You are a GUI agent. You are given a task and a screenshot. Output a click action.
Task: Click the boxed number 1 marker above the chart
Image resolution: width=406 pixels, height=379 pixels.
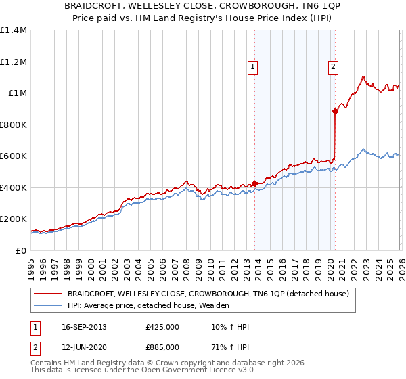coord(252,66)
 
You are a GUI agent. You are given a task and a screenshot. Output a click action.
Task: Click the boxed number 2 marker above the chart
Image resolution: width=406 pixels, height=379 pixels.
coord(334,66)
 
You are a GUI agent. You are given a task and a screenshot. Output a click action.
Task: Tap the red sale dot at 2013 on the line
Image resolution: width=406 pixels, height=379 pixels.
coord(254,183)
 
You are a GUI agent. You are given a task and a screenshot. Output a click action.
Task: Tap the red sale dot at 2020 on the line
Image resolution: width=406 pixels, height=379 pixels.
coord(335,112)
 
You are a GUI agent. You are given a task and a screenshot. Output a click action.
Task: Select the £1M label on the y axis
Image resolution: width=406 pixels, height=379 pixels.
coord(18,93)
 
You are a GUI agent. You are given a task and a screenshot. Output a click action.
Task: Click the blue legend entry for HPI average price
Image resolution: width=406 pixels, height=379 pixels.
coord(148,305)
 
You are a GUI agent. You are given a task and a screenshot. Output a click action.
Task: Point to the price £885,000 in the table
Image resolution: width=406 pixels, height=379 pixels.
coord(162,347)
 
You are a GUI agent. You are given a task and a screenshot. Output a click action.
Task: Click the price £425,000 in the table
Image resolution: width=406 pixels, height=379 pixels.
coord(162,327)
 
